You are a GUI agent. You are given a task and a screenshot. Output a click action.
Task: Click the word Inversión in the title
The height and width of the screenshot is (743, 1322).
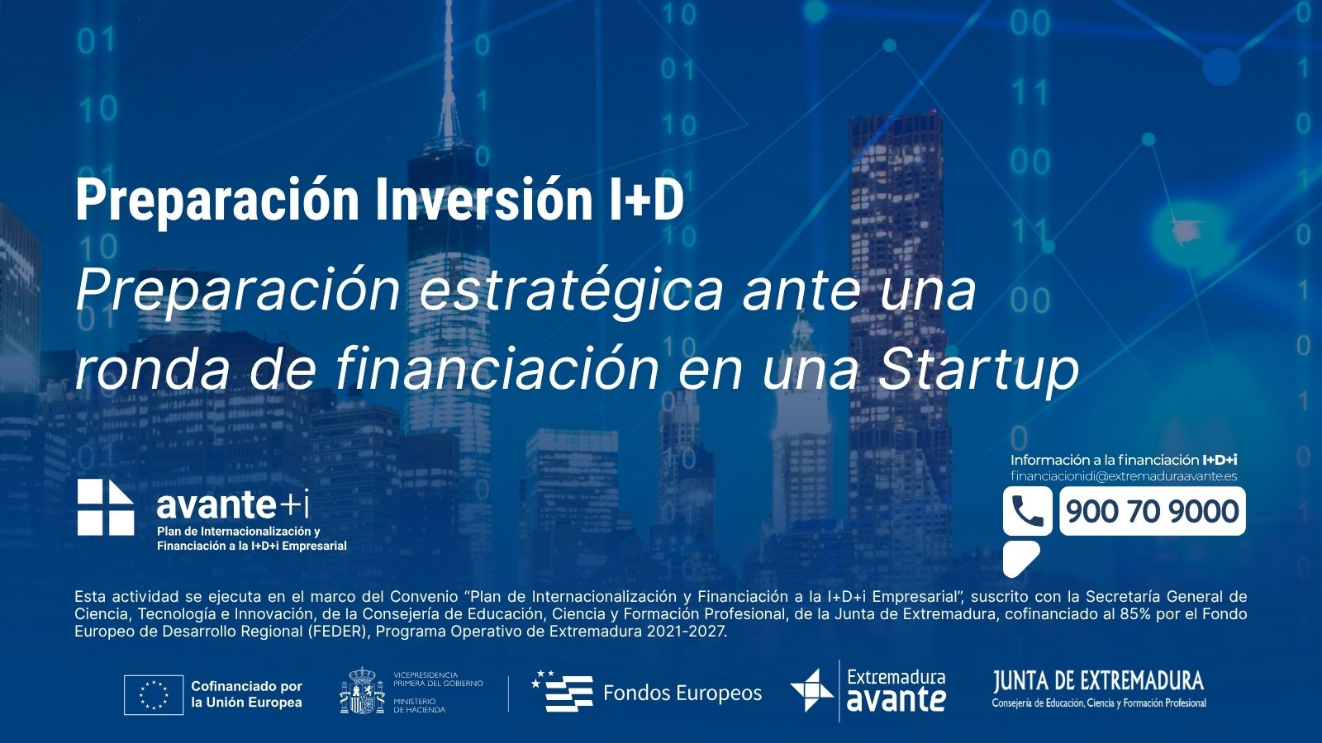tap(484, 201)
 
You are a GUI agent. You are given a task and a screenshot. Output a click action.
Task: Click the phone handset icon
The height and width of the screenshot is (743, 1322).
tap(1028, 511)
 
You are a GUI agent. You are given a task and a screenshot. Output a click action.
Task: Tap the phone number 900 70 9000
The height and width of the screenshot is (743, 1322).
tap(1152, 511)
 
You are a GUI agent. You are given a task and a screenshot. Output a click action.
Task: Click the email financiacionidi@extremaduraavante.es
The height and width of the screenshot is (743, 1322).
tap(1124, 476)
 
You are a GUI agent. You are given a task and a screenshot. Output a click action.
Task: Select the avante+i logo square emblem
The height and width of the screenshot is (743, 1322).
tap(106, 507)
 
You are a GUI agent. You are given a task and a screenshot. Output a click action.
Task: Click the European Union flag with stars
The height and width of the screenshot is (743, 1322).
tap(154, 694)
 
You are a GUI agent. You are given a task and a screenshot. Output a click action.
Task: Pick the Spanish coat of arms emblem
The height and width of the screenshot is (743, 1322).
tap(363, 690)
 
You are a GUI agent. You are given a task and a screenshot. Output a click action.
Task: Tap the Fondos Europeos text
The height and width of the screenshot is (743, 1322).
tap(682, 693)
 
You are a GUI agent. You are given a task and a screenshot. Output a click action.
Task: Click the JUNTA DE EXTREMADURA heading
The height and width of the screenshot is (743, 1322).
tap(1098, 681)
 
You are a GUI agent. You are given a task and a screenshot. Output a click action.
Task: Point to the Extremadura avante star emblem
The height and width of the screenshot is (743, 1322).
tap(812, 690)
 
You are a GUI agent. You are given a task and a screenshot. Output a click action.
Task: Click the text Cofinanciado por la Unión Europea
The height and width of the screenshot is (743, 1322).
tap(247, 694)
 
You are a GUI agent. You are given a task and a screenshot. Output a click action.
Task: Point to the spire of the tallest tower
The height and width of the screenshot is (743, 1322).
tap(449, 71)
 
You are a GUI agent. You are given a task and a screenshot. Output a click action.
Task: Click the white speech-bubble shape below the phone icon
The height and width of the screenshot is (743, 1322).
tap(1020, 558)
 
